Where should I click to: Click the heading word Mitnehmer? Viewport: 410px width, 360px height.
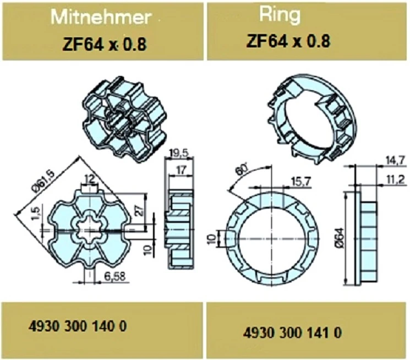click(x=101, y=17)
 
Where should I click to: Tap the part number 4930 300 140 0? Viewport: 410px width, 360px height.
click(x=78, y=326)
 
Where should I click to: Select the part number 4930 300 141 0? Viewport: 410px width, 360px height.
click(x=292, y=333)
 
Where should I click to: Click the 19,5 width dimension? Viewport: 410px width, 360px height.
click(x=179, y=154)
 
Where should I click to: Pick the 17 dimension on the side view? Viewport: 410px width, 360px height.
click(x=181, y=170)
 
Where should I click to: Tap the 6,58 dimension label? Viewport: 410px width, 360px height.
click(x=114, y=276)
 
